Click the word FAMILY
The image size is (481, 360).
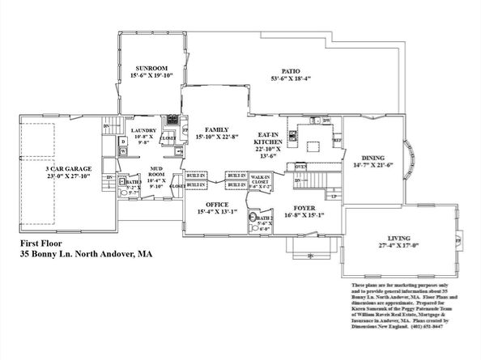point(216,129)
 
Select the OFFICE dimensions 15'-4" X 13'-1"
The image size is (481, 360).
point(217,212)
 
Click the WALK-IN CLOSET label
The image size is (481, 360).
point(260,180)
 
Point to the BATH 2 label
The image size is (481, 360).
point(264,218)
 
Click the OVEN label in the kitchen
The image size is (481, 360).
point(300,166)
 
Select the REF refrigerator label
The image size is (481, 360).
point(338,140)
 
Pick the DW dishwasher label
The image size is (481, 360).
point(326,121)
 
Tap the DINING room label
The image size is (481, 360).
point(373,159)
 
